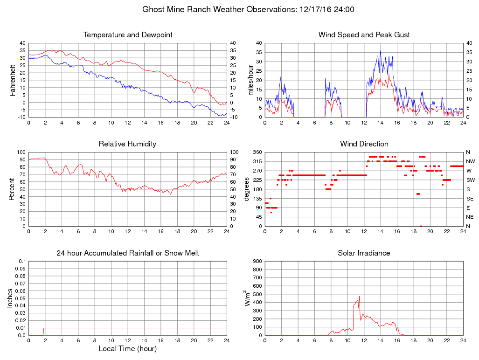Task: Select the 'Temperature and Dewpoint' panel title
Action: (x=128, y=35)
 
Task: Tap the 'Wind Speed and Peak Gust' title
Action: (x=364, y=35)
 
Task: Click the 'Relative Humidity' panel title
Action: (x=128, y=144)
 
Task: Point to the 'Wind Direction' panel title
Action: (x=364, y=144)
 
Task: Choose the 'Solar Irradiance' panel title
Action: (x=364, y=253)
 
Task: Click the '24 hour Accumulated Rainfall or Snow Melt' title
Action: (x=128, y=253)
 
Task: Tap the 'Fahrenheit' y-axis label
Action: (x=13, y=80)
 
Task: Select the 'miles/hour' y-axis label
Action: (x=250, y=80)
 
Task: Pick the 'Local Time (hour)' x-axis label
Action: (x=128, y=349)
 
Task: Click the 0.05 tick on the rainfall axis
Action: (x=21, y=298)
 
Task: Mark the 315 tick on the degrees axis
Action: (x=256, y=161)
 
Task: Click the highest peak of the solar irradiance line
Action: (x=359, y=297)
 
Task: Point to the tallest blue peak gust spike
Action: (x=381, y=51)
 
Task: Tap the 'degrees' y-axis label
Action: (x=247, y=189)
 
